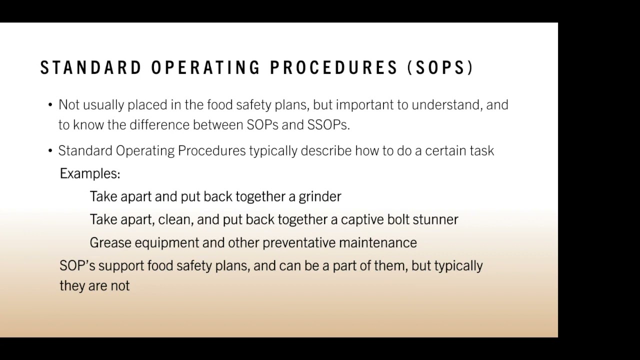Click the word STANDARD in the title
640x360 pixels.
point(91,68)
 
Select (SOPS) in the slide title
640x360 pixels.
point(440,68)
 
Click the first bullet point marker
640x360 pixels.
point(50,105)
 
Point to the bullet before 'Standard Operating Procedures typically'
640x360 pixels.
point(50,151)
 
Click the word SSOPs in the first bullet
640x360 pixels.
point(328,125)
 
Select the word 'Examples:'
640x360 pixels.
point(90,173)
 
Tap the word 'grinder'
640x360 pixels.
point(320,196)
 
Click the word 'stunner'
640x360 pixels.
point(435,219)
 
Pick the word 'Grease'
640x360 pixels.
point(110,242)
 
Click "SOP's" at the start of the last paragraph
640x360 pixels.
point(77,265)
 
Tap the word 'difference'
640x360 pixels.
point(159,125)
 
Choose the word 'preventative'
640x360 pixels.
point(299,242)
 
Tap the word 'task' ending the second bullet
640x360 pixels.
point(482,151)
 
